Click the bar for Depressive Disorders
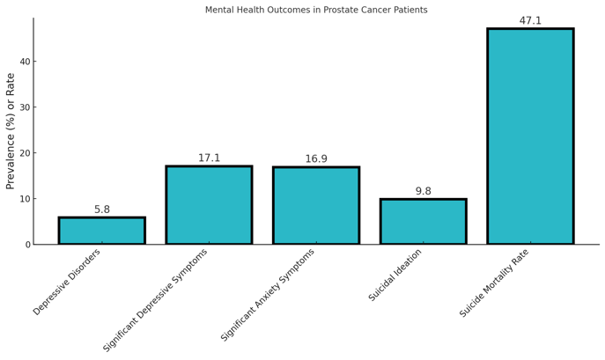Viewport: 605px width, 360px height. point(102,231)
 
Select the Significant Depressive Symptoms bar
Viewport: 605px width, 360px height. point(209,205)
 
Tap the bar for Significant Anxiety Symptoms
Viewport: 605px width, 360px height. point(316,206)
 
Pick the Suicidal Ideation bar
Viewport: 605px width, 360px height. point(423,222)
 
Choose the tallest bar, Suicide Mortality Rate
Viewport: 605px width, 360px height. point(530,136)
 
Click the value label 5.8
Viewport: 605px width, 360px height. point(102,209)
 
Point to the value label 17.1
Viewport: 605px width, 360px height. point(209,158)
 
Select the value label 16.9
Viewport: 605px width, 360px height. point(316,159)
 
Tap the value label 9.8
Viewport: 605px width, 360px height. point(423,191)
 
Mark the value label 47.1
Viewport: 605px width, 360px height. point(530,21)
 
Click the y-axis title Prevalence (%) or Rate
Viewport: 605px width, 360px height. point(11,131)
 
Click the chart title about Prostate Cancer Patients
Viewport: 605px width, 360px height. point(316,10)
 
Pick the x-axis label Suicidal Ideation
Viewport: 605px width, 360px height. point(396,275)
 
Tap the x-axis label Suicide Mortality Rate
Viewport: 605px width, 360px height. point(495,283)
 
